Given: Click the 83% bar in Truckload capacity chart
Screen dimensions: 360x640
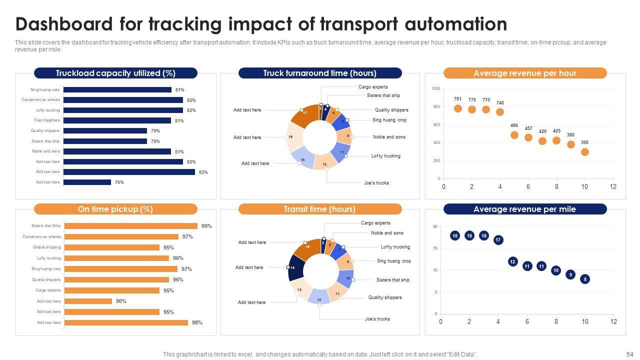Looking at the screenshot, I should point(129,172).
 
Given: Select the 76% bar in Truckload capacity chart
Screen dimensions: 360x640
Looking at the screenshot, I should point(87,182).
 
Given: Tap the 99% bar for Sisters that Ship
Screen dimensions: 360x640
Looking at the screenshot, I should point(131,226).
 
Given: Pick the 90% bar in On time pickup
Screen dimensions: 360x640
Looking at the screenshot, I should point(88,301).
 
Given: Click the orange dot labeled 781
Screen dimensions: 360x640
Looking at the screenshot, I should point(458,108).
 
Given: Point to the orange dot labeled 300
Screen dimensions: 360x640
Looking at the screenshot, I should point(585,152).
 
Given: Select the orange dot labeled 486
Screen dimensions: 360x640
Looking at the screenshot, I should point(514,135).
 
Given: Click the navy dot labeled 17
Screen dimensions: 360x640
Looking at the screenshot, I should point(498,240).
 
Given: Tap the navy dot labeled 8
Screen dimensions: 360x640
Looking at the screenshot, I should point(585,279).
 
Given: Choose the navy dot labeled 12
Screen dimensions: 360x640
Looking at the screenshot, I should point(512,261).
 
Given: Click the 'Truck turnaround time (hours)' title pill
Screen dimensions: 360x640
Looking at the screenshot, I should point(320,73).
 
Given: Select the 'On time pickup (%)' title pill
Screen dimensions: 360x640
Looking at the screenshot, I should point(115,209).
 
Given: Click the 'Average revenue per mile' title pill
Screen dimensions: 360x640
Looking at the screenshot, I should point(524,209).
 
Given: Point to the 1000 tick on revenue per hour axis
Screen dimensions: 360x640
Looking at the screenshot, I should point(435,89).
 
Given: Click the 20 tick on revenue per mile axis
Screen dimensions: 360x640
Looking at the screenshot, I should point(435,227).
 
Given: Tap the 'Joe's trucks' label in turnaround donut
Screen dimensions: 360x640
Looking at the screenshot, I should point(376,183).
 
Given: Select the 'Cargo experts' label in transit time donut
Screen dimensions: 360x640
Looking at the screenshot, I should point(375,223).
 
